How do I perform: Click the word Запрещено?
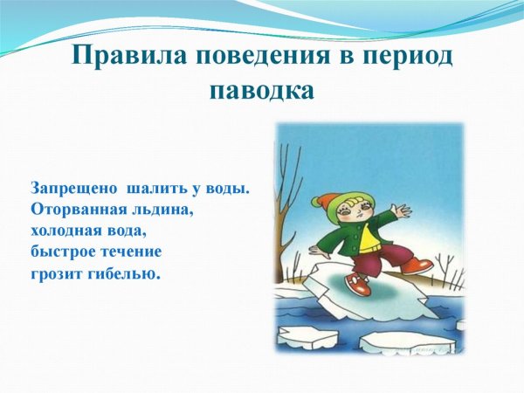coord(73,188)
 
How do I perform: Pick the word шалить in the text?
coord(155,188)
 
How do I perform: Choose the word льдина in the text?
coord(164,210)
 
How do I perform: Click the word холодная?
coord(66,231)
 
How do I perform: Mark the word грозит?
coord(58,275)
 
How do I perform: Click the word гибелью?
coord(128,275)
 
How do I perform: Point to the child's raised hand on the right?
coord(402,210)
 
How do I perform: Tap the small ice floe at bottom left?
coord(307,336)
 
